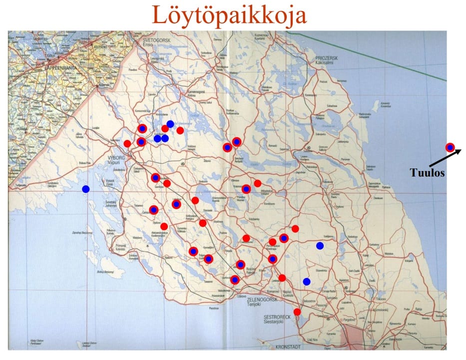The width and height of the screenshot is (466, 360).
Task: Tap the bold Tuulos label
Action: [x=427, y=173]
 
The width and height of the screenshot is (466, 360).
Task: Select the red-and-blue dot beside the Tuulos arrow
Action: [x=450, y=147]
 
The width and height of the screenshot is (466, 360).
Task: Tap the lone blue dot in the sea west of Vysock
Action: [x=86, y=189]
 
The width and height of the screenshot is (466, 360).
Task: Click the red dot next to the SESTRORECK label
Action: [x=297, y=312]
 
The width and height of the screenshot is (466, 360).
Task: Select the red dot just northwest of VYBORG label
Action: [x=127, y=143]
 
